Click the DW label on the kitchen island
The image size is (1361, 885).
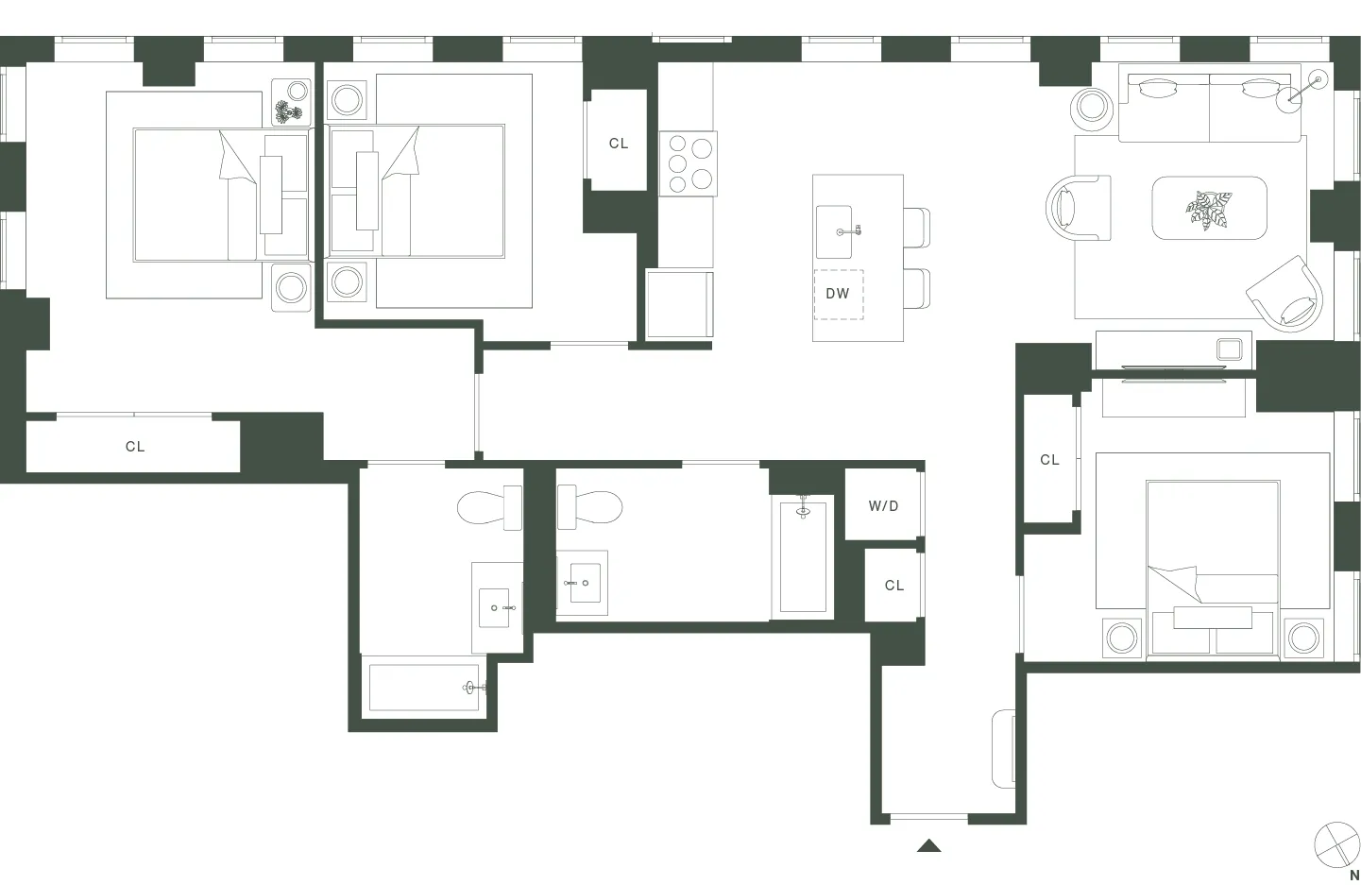(x=838, y=294)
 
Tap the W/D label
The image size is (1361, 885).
(x=883, y=506)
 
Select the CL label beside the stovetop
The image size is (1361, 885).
(x=619, y=144)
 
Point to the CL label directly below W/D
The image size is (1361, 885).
(x=893, y=586)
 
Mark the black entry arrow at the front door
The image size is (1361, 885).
(x=928, y=846)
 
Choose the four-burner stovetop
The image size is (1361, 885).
(x=689, y=163)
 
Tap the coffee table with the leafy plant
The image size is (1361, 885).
(x=1209, y=208)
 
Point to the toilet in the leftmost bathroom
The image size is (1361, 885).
(x=489, y=508)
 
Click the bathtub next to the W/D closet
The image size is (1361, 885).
(x=803, y=557)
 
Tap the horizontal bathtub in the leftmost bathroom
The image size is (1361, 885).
(x=427, y=688)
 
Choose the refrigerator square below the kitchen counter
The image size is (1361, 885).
(x=679, y=303)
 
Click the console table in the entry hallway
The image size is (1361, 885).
(x=1004, y=749)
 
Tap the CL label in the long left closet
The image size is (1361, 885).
(x=135, y=447)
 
